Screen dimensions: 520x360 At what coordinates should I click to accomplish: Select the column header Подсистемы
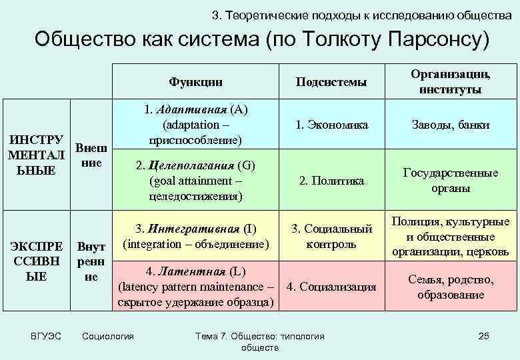pyautogui.click(x=331, y=81)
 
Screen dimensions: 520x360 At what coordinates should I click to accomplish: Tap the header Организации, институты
pyautogui.click(x=451, y=81)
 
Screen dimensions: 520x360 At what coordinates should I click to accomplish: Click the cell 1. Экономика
pyautogui.click(x=331, y=125)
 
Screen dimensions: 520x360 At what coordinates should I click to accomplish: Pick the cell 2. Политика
pyautogui.click(x=331, y=181)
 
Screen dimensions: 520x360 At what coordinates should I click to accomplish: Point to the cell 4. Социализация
pyautogui.click(x=331, y=287)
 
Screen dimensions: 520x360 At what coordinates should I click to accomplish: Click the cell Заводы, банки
pyautogui.click(x=451, y=125)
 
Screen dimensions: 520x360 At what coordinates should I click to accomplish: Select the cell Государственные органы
pyautogui.click(x=451, y=181)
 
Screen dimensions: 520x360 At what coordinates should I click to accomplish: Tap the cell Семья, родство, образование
pyautogui.click(x=451, y=287)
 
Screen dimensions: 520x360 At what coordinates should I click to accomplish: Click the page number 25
pyautogui.click(x=484, y=336)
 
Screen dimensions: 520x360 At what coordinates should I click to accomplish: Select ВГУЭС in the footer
pyautogui.click(x=46, y=336)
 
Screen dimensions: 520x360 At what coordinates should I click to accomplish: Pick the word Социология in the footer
pyautogui.click(x=107, y=336)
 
